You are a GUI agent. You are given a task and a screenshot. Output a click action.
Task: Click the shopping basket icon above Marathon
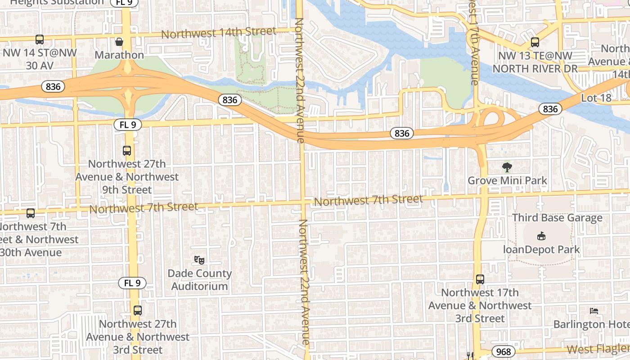[x=119, y=42]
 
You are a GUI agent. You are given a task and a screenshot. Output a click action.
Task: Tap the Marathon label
[x=119, y=55]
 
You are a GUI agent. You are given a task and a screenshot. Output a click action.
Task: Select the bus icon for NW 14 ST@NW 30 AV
[x=40, y=40]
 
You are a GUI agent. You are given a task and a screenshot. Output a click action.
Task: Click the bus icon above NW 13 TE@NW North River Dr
[x=535, y=42]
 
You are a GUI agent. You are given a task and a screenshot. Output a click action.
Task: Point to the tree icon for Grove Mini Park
[x=507, y=167]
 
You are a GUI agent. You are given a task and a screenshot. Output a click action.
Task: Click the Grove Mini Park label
[x=507, y=181]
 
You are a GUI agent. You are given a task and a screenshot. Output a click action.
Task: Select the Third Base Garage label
[x=557, y=218]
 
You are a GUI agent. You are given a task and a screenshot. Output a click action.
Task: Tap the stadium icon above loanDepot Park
[x=541, y=236]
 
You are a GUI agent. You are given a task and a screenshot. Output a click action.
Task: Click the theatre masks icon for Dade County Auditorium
[x=199, y=260]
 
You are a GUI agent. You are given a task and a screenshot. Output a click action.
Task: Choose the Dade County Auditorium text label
[x=199, y=280]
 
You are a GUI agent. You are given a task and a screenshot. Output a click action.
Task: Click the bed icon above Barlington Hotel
[x=594, y=310]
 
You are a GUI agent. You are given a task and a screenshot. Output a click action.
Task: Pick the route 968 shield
[x=503, y=351]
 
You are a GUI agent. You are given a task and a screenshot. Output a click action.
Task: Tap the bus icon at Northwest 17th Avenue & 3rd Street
[x=480, y=279]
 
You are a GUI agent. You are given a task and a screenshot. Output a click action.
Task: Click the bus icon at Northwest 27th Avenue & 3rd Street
[x=138, y=310]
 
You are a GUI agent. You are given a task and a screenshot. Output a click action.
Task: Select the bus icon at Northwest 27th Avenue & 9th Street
[x=127, y=151]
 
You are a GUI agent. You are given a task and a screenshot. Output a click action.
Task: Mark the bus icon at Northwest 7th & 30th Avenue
[x=31, y=213]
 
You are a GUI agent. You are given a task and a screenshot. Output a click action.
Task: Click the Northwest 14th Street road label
[x=218, y=32]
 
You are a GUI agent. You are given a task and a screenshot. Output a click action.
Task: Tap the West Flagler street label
[x=598, y=349]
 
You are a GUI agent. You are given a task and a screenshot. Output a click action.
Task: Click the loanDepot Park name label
[x=541, y=249]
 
